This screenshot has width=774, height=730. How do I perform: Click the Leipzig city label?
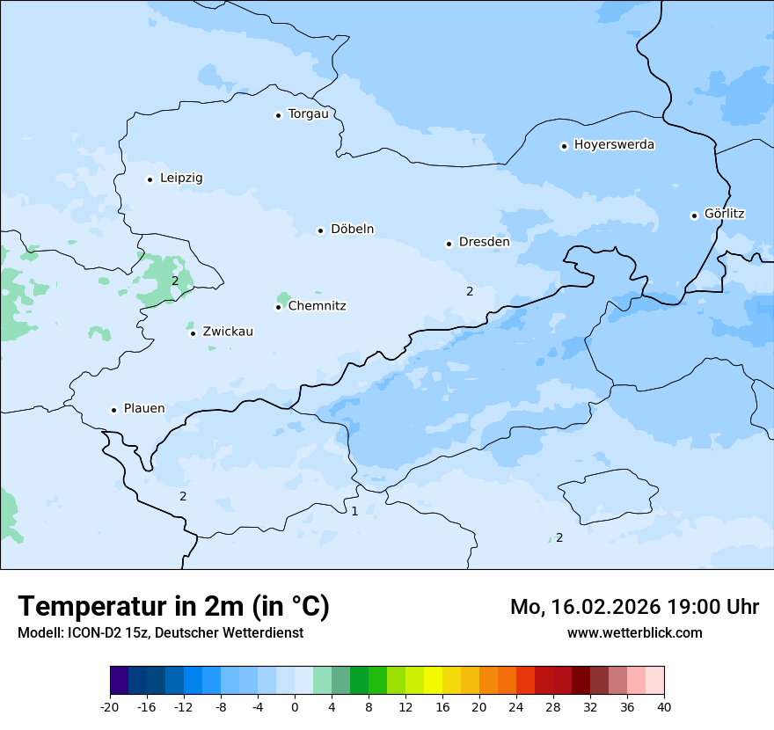(x=181, y=179)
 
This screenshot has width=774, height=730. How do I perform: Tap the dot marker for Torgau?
(x=278, y=115)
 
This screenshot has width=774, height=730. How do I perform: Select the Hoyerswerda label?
(x=614, y=145)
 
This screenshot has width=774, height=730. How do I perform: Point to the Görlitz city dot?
(x=694, y=215)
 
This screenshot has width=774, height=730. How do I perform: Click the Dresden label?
(x=484, y=242)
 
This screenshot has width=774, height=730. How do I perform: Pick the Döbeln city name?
(x=352, y=230)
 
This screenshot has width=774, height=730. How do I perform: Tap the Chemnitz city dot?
(x=278, y=307)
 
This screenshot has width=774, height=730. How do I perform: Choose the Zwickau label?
(x=228, y=332)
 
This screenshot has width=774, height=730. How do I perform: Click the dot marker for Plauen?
(x=113, y=410)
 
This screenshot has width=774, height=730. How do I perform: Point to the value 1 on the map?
(x=354, y=511)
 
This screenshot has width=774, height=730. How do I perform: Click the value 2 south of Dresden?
(x=470, y=291)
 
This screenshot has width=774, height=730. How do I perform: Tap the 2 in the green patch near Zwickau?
(x=175, y=281)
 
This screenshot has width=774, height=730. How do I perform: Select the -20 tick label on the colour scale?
(x=109, y=707)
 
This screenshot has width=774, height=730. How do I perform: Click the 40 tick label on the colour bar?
(x=664, y=707)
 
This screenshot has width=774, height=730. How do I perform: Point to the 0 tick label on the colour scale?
(x=295, y=707)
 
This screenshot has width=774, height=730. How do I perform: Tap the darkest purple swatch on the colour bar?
(x=119, y=681)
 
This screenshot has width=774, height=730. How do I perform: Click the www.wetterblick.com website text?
(x=634, y=632)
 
